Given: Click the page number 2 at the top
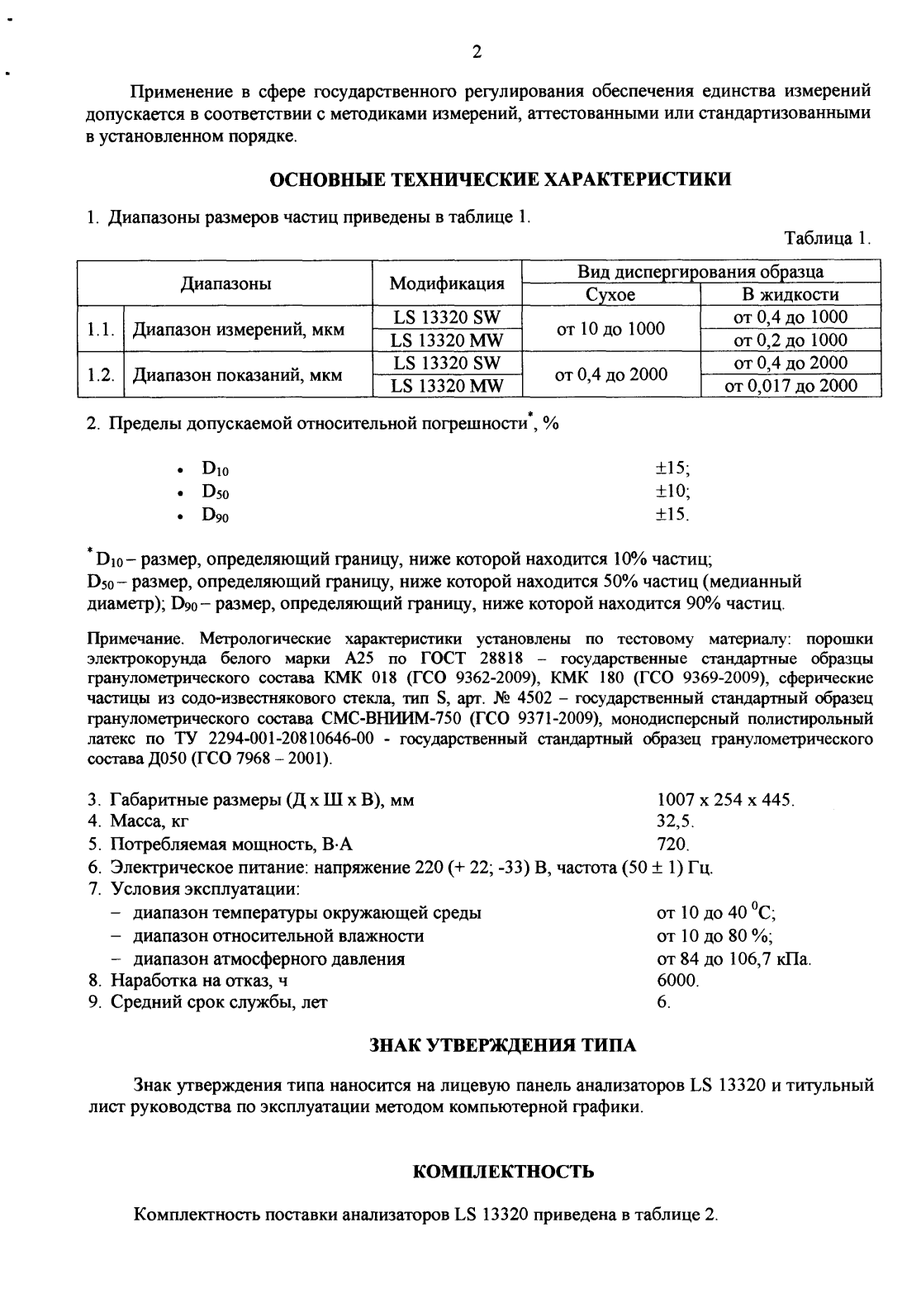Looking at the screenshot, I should [476, 54].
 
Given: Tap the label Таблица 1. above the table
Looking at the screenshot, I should [828, 239].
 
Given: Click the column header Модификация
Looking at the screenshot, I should [447, 283].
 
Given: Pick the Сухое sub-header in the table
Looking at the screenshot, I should [610, 295].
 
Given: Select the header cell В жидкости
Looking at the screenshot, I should [790, 295].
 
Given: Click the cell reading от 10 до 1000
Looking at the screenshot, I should [610, 329].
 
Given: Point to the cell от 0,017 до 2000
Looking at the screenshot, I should [790, 385].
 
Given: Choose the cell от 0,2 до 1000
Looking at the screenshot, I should [790, 340].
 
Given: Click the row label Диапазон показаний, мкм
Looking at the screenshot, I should [238, 374].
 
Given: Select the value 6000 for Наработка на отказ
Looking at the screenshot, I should [677, 981].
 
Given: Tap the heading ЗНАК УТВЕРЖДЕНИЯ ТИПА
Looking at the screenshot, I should [501, 1046].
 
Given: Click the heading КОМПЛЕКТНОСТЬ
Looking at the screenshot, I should [501, 1172].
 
